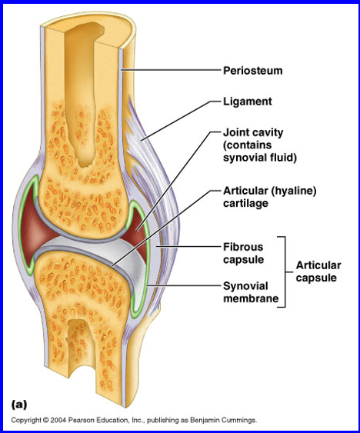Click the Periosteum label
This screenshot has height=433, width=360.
click(253, 71)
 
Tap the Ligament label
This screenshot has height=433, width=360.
click(248, 102)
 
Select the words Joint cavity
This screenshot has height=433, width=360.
click(253, 132)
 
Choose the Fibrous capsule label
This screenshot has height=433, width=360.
click(243, 253)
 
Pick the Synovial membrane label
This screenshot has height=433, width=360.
click(251, 292)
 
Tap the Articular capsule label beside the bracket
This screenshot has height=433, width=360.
click(318, 271)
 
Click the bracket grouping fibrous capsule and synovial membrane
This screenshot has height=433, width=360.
click(285, 271)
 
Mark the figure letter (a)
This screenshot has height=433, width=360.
click(19, 405)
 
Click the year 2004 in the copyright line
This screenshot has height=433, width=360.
click(58, 420)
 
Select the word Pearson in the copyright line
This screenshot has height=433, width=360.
click(80, 420)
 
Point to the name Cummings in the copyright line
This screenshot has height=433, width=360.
click(241, 420)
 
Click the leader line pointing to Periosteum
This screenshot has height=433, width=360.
click(171, 71)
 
